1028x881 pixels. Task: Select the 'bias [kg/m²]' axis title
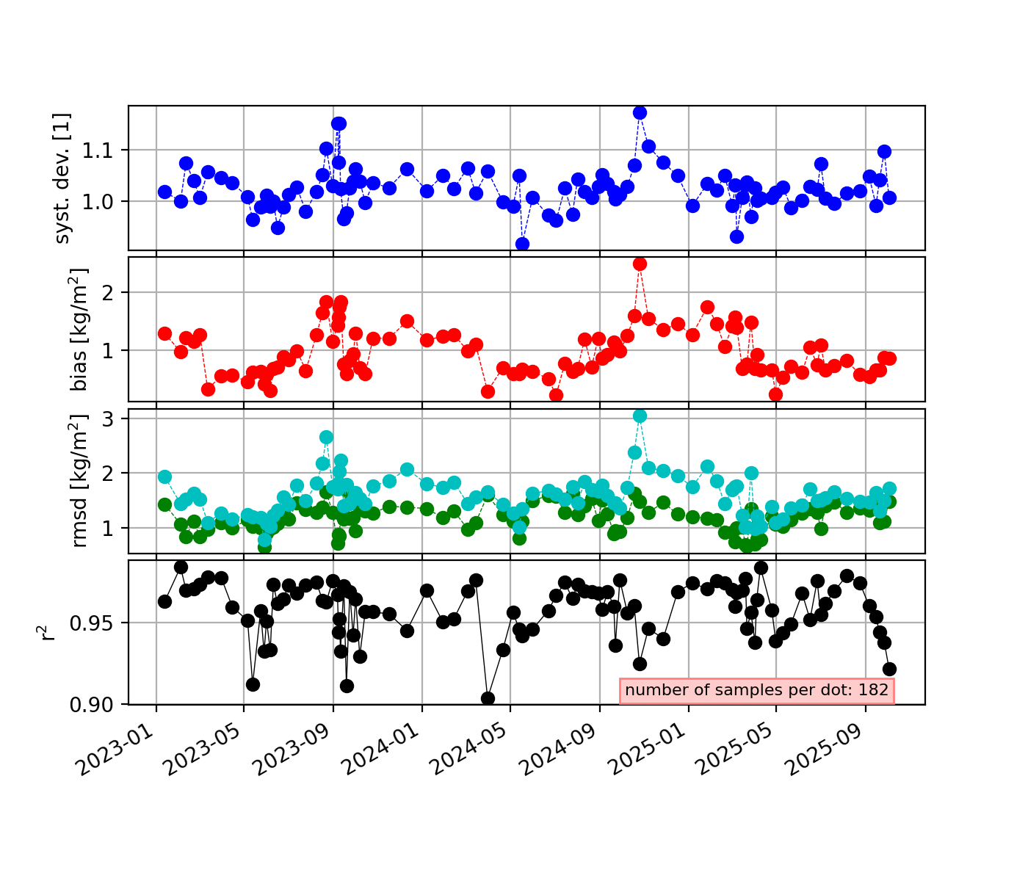tap(79, 329)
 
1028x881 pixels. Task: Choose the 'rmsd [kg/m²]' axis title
tap(79, 481)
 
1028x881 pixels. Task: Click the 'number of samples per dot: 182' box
tap(757, 690)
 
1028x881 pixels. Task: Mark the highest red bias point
tap(640, 264)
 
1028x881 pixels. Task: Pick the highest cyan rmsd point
tap(640, 416)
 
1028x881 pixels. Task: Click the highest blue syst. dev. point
tap(640, 112)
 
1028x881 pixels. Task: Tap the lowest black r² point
tap(488, 697)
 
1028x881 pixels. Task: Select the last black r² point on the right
tap(889, 669)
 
